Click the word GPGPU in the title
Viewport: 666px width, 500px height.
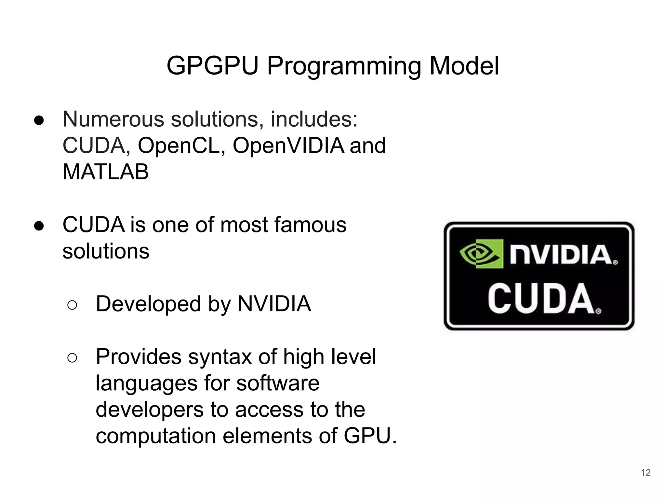pyautogui.click(x=212, y=66)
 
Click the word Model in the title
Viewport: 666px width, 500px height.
pyautogui.click(x=464, y=66)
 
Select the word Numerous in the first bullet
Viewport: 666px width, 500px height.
pyautogui.click(x=114, y=119)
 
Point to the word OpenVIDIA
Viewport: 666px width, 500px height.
pyautogui.click(x=288, y=146)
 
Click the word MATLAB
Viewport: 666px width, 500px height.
pyautogui.click(x=105, y=172)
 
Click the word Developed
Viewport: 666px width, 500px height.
pyautogui.click(x=148, y=304)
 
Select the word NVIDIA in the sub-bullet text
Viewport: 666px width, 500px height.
pyautogui.click(x=274, y=304)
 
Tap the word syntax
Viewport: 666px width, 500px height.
pyautogui.click(x=220, y=357)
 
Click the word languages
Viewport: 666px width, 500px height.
pyautogui.click(x=146, y=383)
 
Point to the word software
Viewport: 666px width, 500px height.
pyautogui.click(x=278, y=383)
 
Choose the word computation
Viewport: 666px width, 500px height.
pyautogui.click(x=155, y=436)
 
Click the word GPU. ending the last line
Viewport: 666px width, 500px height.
pyautogui.click(x=370, y=436)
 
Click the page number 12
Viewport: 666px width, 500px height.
pyautogui.click(x=646, y=473)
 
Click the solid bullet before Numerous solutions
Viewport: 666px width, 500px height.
pyautogui.click(x=39, y=120)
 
